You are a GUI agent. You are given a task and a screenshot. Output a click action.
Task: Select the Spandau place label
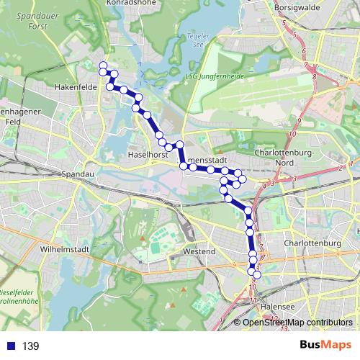coord(78,174)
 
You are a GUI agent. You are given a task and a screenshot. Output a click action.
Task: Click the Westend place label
coord(199,252)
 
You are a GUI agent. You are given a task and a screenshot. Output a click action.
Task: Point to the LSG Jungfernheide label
coord(215,76)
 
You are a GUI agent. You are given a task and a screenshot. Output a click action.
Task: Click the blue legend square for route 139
coord(8,346)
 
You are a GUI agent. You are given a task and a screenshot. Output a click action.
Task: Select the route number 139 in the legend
coord(30,346)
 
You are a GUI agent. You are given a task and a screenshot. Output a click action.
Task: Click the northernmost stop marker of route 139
coord(103,66)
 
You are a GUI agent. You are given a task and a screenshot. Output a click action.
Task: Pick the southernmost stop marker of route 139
coord(256,275)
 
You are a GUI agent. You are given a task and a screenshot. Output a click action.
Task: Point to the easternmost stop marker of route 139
coord(256,275)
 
